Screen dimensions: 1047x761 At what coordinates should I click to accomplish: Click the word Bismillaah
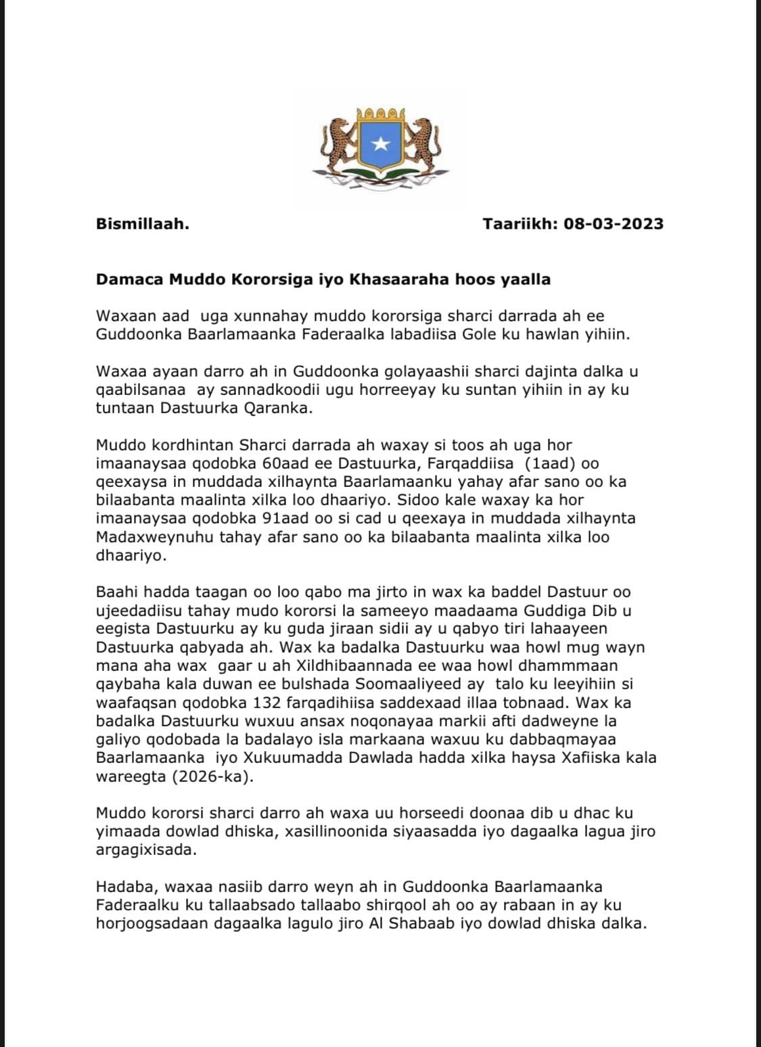pyautogui.click(x=143, y=224)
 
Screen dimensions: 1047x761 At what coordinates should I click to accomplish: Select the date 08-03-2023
pyautogui.click(x=614, y=224)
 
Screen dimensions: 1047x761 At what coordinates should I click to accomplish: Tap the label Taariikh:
pyautogui.click(x=521, y=224)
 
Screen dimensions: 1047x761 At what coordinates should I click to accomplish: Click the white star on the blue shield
pyautogui.click(x=381, y=143)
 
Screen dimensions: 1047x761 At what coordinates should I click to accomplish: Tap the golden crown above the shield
pyautogui.click(x=381, y=113)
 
